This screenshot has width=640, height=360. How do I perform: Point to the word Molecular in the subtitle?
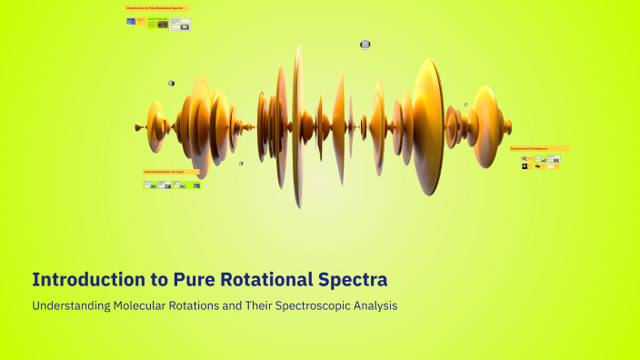click(x=145, y=306)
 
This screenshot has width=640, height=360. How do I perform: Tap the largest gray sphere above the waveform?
click(x=365, y=44)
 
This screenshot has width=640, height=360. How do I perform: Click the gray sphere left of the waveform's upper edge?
click(x=171, y=83)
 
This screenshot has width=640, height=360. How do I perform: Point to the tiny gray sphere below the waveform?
click(x=241, y=164)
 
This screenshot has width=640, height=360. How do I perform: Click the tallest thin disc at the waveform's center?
click(x=297, y=125)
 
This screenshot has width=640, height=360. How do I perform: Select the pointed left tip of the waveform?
click(x=138, y=126)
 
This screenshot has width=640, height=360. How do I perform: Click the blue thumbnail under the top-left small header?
click(x=131, y=21)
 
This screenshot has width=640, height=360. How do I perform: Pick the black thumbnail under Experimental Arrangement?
click(x=525, y=166)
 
